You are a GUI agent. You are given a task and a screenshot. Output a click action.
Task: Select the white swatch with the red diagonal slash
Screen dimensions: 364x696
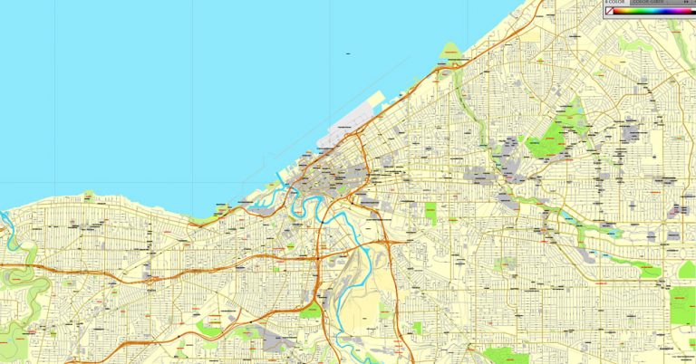(x=610, y=11)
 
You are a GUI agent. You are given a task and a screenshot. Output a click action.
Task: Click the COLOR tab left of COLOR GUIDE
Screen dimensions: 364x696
(x=616, y=3)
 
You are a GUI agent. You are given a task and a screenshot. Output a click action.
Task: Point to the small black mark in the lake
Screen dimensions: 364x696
(x=347, y=54)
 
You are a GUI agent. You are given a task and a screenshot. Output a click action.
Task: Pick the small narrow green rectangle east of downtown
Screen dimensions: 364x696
(x=430, y=214)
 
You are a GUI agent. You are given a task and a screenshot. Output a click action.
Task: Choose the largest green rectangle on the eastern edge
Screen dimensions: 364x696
(x=682, y=305)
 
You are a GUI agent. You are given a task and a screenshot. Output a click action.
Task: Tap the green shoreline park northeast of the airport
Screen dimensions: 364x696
(x=450, y=54)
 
